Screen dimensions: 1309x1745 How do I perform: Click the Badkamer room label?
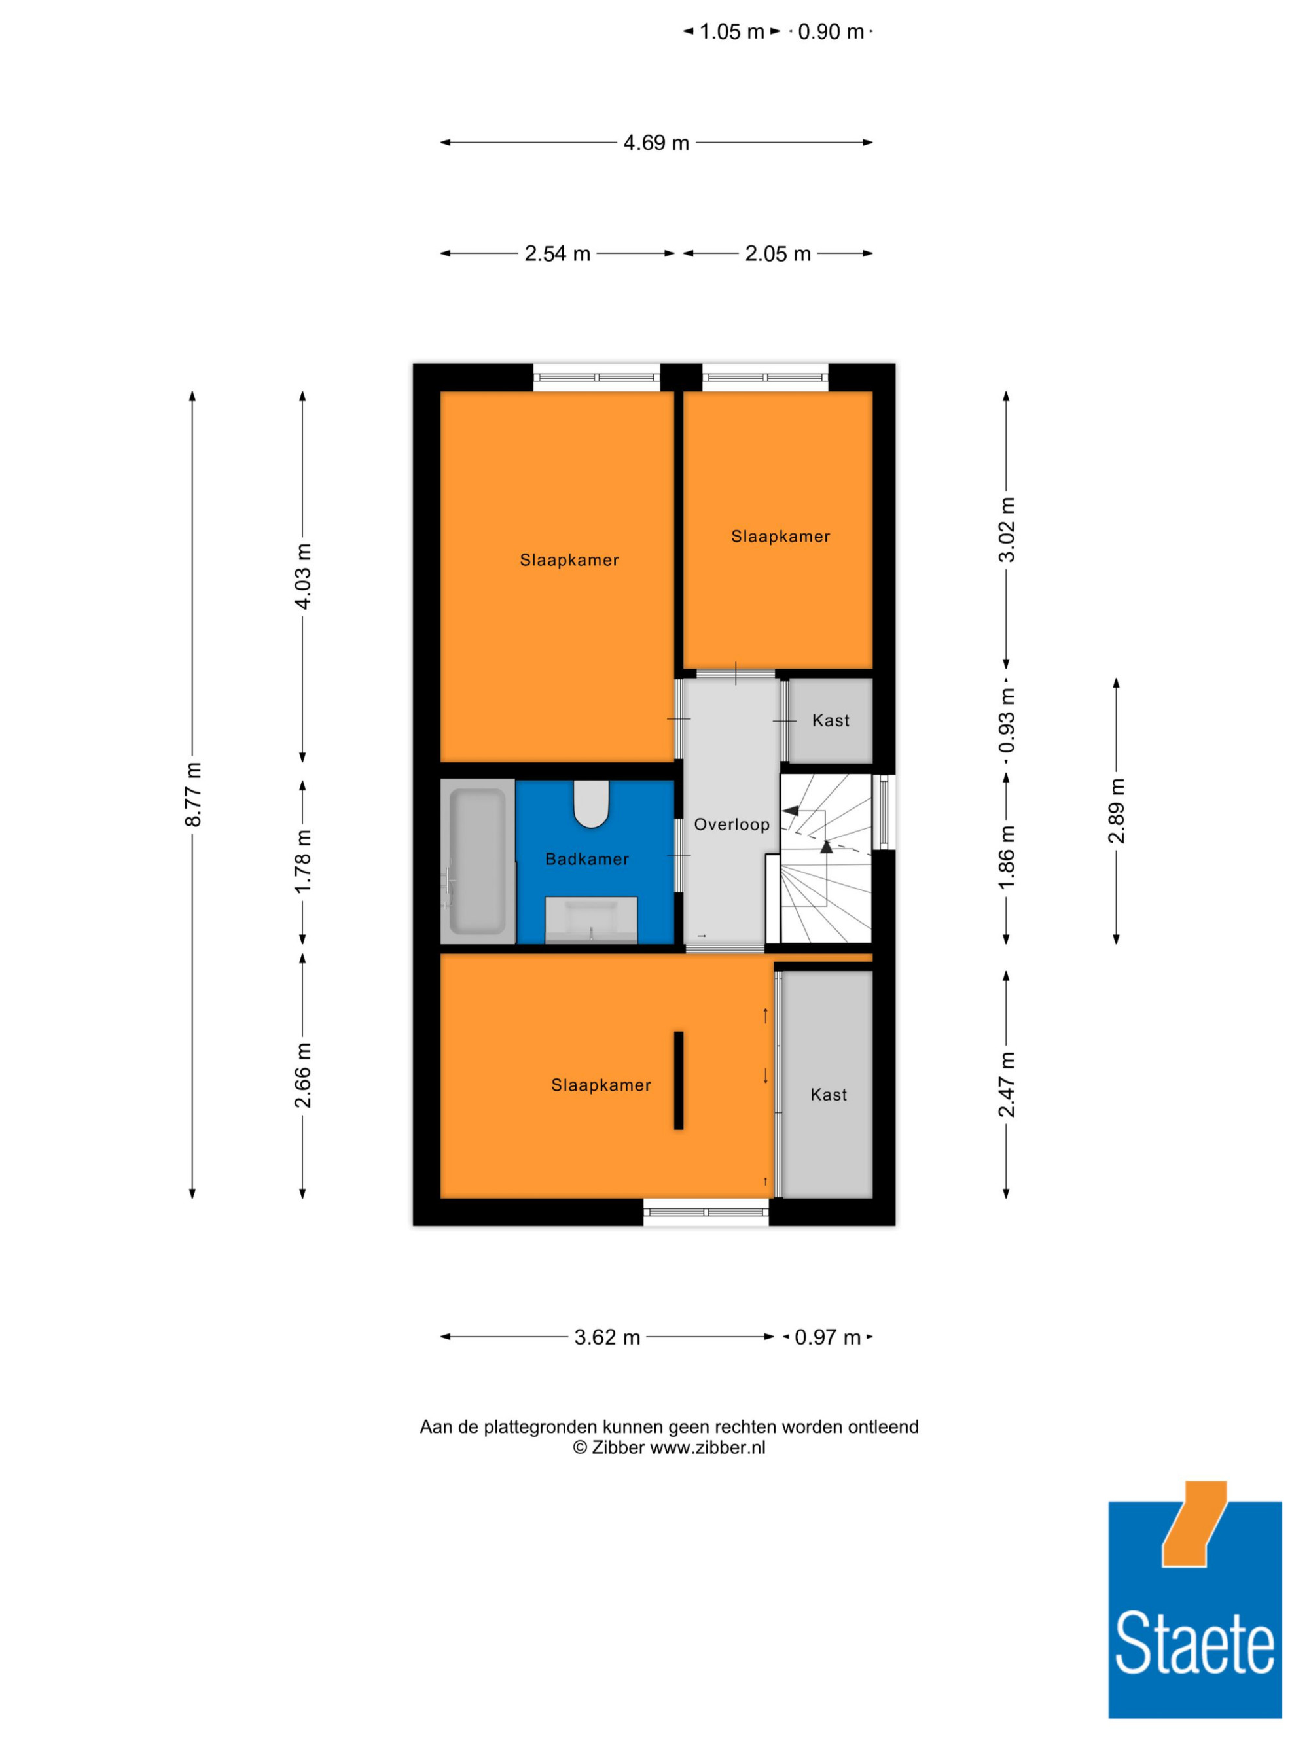coord(587,859)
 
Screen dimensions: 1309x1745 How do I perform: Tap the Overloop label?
coord(732,824)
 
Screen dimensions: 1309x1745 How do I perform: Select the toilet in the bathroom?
coord(591,804)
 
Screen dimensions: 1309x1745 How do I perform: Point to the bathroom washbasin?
coord(591,920)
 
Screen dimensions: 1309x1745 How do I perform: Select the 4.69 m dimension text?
coord(656,143)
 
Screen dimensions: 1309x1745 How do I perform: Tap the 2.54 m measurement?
coord(557,253)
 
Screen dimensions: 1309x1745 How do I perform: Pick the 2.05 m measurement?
coord(778,253)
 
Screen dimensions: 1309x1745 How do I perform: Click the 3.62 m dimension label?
coord(607,1337)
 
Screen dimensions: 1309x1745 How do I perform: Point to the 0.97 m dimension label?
coord(827,1337)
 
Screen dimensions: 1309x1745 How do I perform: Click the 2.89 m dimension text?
coord(1117,810)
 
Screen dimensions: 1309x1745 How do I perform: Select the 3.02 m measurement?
coord(1007,529)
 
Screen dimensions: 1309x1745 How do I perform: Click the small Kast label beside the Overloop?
coord(831,720)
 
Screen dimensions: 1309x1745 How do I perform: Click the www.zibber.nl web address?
coord(708,1447)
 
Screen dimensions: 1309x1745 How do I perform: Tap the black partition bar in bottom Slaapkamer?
coord(679,1080)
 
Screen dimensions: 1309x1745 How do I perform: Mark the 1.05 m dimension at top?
coord(732,31)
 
